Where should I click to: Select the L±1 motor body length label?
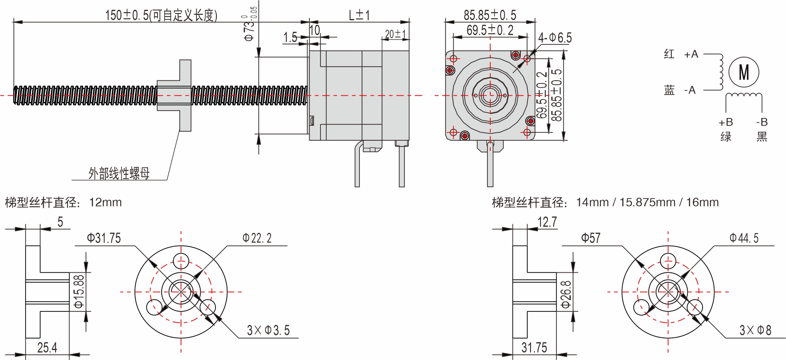[x=359, y=15]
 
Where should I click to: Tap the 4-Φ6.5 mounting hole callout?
[x=555, y=38]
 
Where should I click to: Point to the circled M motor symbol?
[x=744, y=72]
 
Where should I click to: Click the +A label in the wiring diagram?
[x=691, y=54]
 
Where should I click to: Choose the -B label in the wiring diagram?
[x=762, y=122]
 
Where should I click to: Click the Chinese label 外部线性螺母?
[x=119, y=173]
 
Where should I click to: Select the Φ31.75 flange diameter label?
[x=104, y=238]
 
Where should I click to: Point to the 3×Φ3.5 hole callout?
[x=268, y=330]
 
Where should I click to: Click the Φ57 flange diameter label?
[x=591, y=238]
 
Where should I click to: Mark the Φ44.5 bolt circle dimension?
[x=744, y=238]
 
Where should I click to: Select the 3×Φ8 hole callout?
[x=755, y=330]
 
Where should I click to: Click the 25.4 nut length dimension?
[x=47, y=348]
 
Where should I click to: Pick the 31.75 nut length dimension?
[x=534, y=348]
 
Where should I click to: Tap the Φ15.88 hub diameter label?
[x=79, y=291]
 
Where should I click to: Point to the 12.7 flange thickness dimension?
[x=547, y=222]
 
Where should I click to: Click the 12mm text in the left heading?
[x=105, y=202]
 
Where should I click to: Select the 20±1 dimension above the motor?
[x=395, y=34]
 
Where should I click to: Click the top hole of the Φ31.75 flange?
[x=181, y=261]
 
